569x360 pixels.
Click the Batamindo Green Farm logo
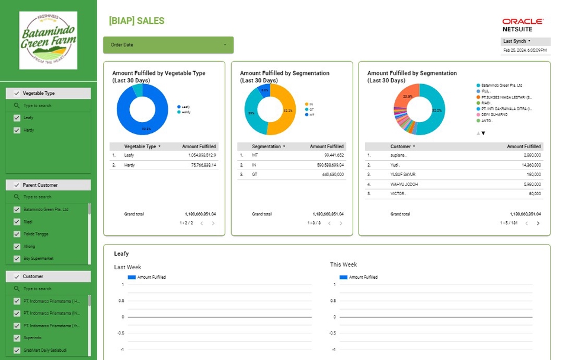[x=48, y=40]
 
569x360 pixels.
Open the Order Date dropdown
[x=168, y=45]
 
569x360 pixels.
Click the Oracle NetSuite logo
[x=522, y=25]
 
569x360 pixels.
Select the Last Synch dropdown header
[x=525, y=42]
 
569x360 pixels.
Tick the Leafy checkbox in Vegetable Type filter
[x=17, y=118]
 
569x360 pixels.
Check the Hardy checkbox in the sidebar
[x=17, y=130]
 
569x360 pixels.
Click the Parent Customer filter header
[x=48, y=185]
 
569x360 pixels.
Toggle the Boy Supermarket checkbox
[x=17, y=259]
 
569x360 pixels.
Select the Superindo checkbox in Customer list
[x=17, y=337]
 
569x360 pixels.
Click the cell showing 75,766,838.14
[x=202, y=165]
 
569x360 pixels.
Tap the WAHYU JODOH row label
[x=404, y=184]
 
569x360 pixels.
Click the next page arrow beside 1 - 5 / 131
[x=538, y=224]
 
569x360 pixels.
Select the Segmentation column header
[x=268, y=146]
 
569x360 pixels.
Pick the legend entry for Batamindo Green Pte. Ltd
[x=501, y=85]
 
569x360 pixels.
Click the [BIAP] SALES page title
[x=136, y=21]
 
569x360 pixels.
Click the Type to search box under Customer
[x=47, y=289]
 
